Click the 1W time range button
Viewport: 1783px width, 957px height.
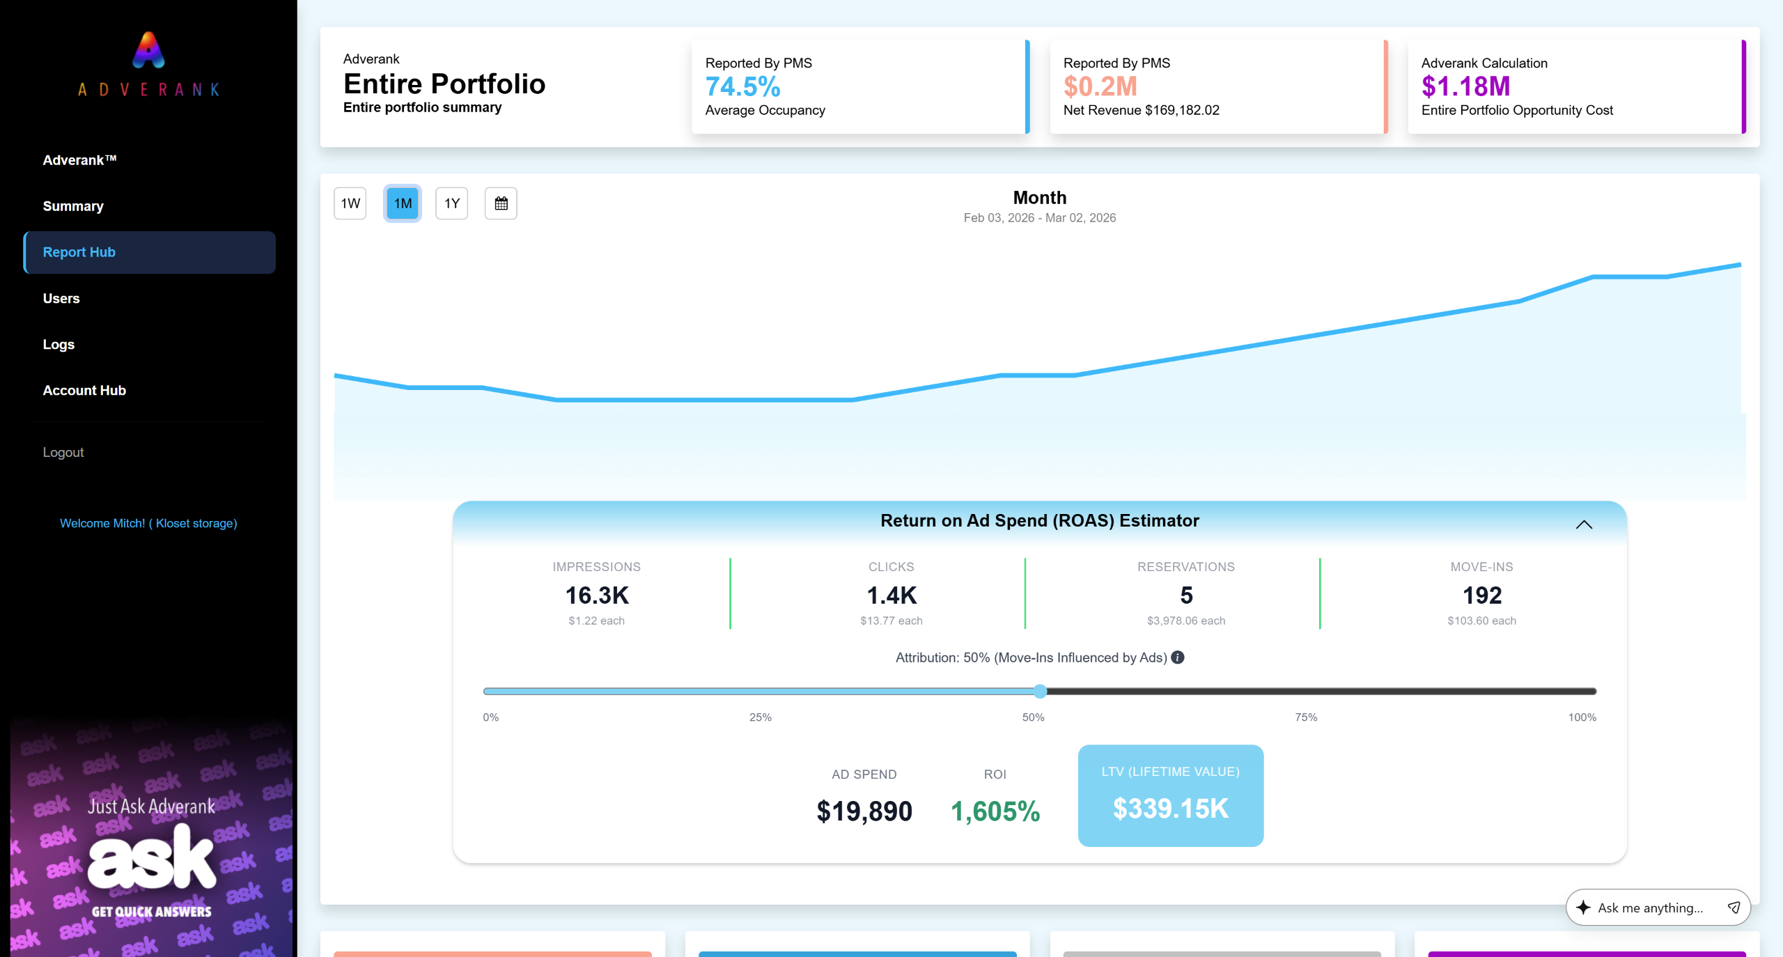350,203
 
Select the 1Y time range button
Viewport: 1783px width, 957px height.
451,203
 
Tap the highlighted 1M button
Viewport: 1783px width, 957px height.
403,203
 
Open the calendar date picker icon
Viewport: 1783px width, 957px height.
501,203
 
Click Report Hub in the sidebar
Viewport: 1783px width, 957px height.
79,252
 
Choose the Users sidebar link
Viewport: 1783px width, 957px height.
61,298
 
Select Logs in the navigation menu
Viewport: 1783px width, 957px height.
59,344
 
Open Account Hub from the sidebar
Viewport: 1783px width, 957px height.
84,390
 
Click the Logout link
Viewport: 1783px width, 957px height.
63,452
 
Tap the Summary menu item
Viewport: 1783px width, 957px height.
73,206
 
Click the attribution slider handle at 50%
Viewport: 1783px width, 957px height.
1040,691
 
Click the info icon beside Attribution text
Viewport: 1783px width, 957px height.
1178,658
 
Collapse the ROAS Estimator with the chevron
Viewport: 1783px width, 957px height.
1584,524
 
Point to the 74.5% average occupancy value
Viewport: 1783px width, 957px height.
742,87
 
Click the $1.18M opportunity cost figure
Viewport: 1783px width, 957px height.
1465,87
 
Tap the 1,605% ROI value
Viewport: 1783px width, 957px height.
995,811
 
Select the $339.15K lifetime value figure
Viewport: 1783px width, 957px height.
1171,809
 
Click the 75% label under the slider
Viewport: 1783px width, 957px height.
1306,717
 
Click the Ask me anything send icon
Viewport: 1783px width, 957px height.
1734,908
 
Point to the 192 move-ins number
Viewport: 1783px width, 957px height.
1482,596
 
